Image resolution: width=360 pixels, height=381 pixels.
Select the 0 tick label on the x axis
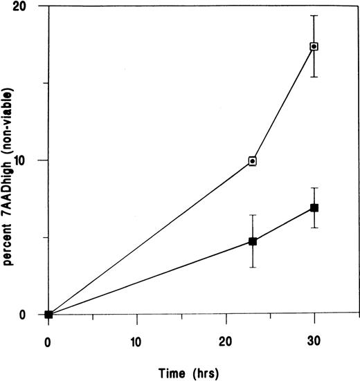click(x=48, y=341)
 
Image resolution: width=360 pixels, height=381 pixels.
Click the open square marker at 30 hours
click(x=314, y=46)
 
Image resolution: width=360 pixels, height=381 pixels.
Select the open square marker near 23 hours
click(x=253, y=161)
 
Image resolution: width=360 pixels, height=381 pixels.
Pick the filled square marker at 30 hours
click(x=314, y=207)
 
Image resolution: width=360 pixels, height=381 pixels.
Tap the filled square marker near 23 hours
click(x=253, y=241)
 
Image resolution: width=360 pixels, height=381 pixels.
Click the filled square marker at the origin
click(x=48, y=314)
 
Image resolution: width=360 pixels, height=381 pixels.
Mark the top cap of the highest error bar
click(x=314, y=16)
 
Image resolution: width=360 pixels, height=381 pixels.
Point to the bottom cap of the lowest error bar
click(x=253, y=267)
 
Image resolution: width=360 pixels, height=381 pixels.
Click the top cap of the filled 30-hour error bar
click(x=314, y=188)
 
